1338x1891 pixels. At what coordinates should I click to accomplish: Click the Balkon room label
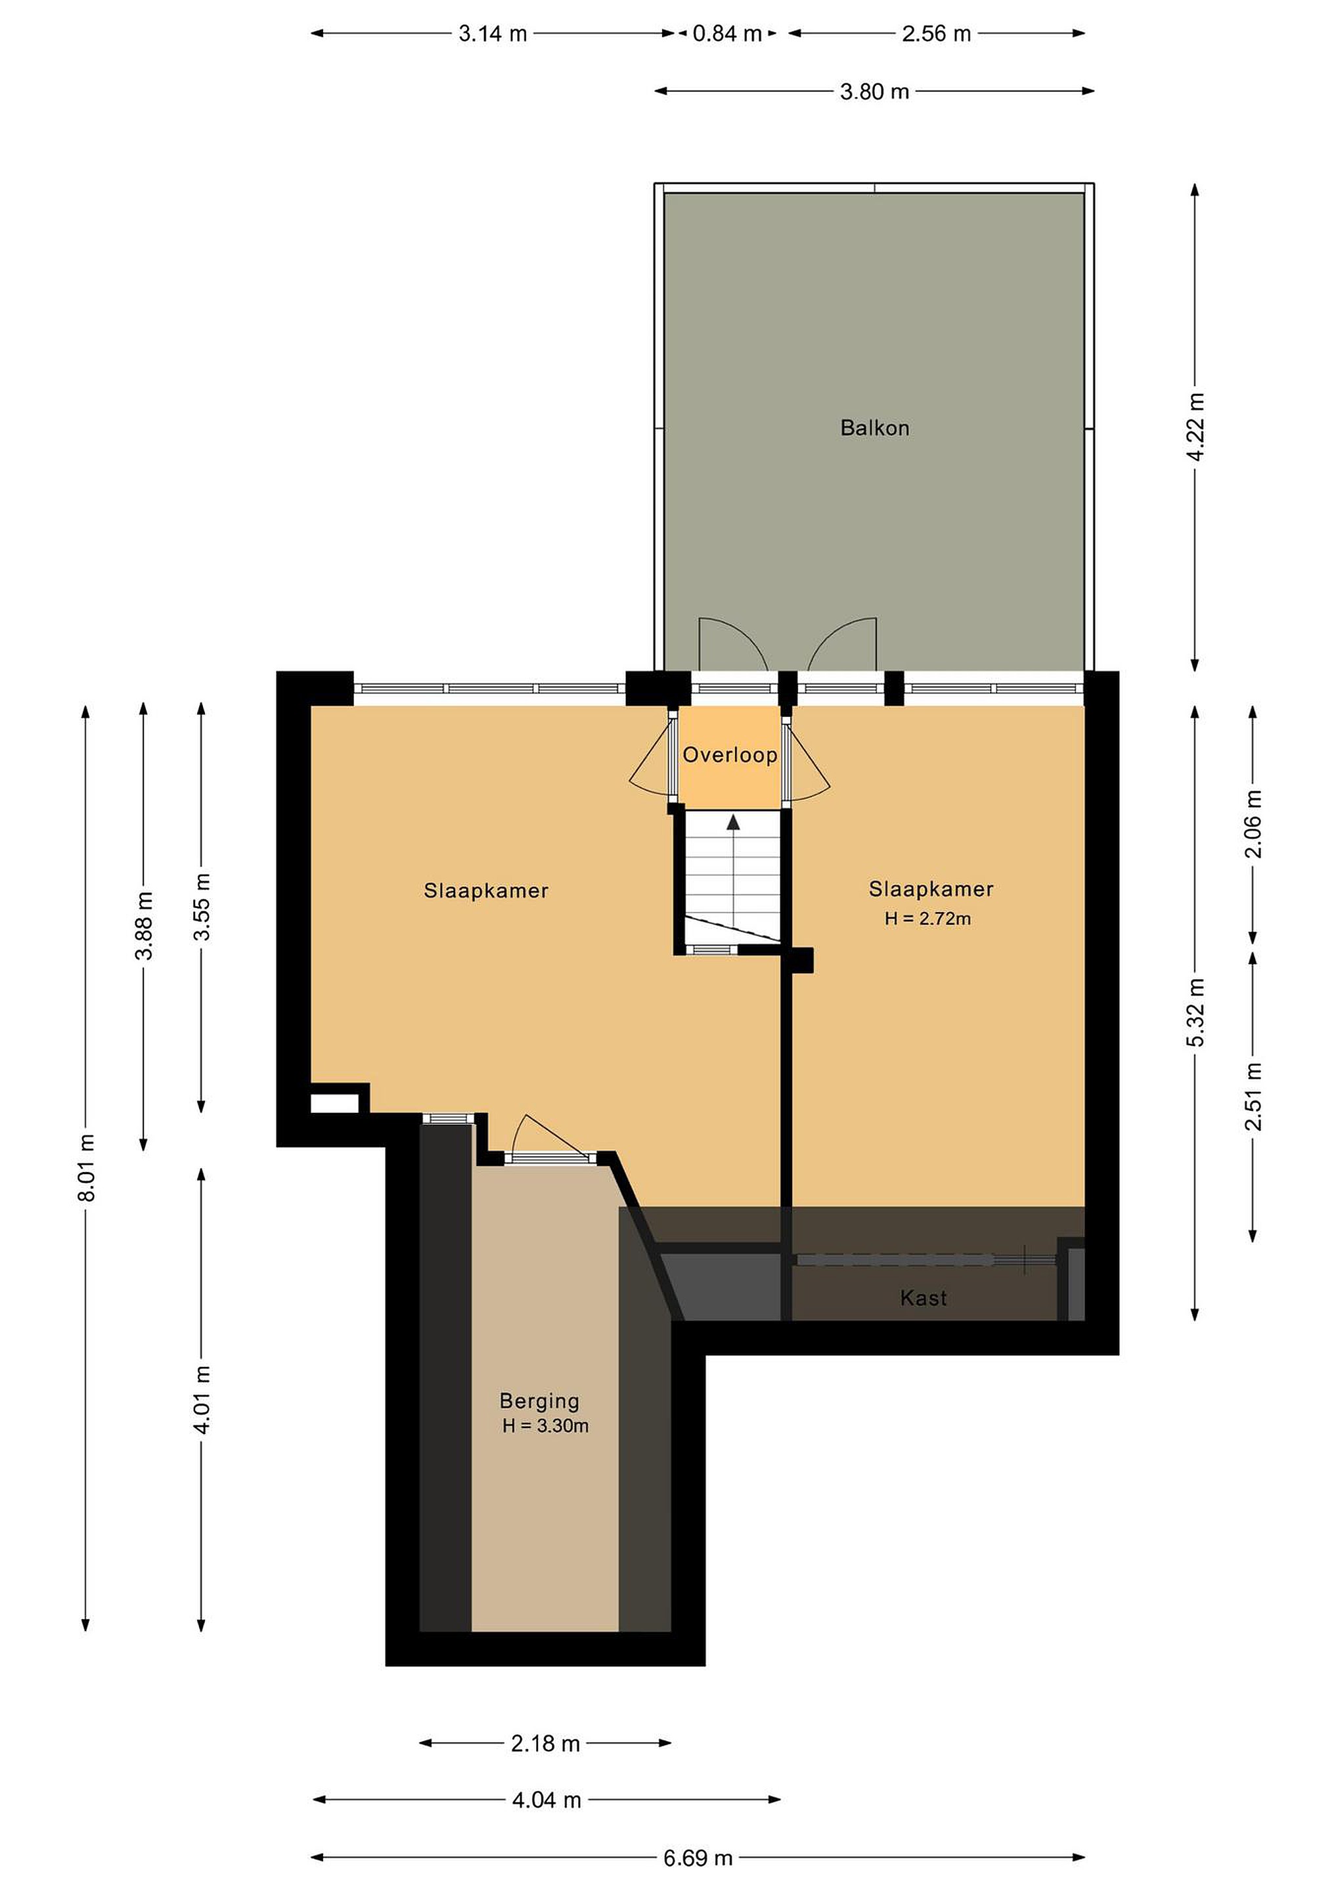coord(874,427)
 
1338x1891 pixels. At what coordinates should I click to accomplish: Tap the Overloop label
coord(730,754)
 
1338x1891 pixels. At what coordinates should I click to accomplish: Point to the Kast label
coord(924,1298)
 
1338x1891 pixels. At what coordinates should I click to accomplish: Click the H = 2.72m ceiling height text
coord(927,919)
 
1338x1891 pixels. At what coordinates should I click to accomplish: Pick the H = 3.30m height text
coord(545,1425)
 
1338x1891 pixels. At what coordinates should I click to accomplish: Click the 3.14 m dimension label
coord(493,33)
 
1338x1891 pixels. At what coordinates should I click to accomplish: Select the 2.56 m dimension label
coord(936,33)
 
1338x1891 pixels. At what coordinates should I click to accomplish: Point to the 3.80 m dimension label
coord(874,91)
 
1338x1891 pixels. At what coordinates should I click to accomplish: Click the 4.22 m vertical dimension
coord(1195,427)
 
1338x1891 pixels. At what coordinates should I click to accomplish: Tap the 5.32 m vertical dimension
coord(1195,1012)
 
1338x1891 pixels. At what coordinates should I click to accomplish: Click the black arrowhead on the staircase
coord(733,822)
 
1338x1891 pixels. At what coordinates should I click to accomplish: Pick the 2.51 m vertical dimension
coord(1253,1097)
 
